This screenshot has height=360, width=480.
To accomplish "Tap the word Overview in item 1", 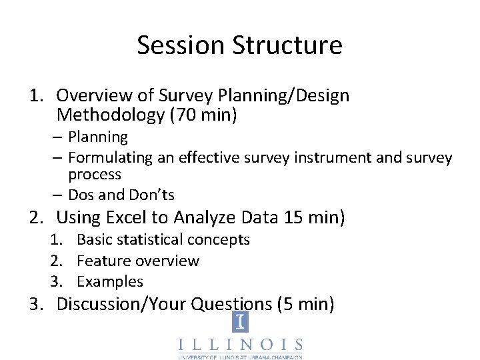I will [92, 96].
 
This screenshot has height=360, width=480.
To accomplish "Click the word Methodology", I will [111, 115].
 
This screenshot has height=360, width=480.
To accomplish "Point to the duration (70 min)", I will [203, 115].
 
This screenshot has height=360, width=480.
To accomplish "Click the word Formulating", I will [110, 158].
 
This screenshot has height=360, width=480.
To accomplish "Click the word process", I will [95, 175].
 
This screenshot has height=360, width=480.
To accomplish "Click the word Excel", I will [127, 217].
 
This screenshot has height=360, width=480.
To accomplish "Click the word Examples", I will [110, 281].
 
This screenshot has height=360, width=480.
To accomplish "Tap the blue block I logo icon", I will [240, 323].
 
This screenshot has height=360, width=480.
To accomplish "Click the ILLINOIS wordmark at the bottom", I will [240, 345].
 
